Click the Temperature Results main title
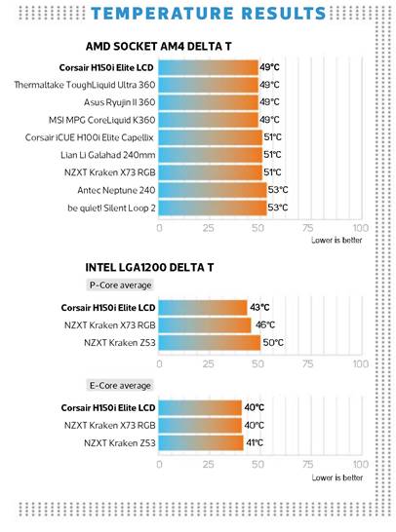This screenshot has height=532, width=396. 208,14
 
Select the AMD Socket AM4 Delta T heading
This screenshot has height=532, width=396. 158,46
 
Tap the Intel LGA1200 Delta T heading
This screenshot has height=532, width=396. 149,267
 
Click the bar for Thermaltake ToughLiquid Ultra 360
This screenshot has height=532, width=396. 208,85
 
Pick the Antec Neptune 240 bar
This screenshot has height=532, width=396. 213,190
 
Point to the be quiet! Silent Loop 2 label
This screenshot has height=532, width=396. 111,208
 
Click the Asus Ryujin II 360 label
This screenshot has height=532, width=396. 120,102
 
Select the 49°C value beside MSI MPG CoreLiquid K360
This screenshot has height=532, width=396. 269,120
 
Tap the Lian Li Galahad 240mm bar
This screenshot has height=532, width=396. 211,155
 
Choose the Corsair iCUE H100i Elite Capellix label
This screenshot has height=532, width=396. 90,137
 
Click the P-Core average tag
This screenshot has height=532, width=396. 120,285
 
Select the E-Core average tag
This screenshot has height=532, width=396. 120,386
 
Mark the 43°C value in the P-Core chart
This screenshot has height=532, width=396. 259,307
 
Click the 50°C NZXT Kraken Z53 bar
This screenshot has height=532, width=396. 209,343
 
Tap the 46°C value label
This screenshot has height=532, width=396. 265,325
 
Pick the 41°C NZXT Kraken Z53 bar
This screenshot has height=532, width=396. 201,442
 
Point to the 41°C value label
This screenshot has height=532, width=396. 255,442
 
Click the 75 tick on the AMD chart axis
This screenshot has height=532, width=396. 307,228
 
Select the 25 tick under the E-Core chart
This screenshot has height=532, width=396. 208,464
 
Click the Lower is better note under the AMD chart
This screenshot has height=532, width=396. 337,241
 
